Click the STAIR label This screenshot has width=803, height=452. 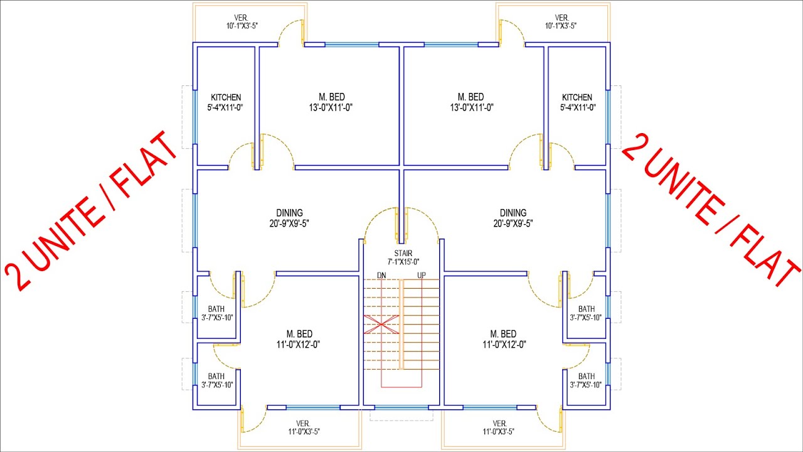tap(403, 253)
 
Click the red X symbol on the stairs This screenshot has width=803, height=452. tap(381, 325)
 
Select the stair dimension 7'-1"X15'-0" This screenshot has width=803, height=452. tap(403, 262)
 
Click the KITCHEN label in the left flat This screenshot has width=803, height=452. tap(226, 97)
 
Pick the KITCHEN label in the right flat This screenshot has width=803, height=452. tap(577, 97)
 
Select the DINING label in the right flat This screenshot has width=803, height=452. tap(513, 213)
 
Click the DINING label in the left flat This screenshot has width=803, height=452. tap(289, 213)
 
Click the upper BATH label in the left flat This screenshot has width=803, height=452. tap(216, 309)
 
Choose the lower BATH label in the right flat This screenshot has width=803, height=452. tap(587, 376)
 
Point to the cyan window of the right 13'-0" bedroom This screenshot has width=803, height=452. tap(451, 45)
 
